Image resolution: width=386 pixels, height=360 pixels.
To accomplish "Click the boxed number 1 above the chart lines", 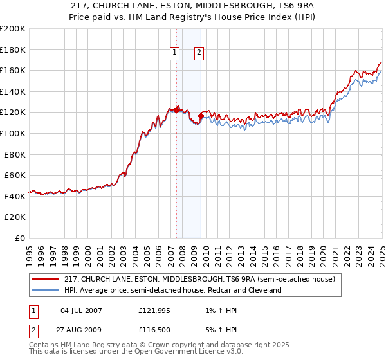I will [175, 53].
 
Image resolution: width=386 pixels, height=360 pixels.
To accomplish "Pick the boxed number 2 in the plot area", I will [199, 53].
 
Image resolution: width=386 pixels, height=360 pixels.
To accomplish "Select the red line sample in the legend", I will [46, 280].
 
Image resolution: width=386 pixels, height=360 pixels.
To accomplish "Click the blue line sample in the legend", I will [46, 290].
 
